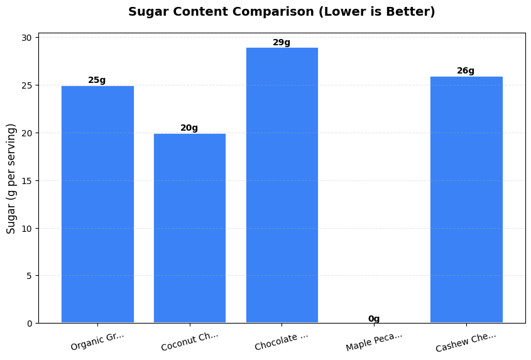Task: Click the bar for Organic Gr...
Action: coord(97,204)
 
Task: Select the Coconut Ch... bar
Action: coord(190,228)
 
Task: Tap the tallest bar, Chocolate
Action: coord(282,185)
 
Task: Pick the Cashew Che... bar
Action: coord(466,200)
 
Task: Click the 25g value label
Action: coord(97,80)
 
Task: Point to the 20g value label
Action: coord(189,128)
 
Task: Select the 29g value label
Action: coord(282,43)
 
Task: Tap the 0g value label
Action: coord(374,319)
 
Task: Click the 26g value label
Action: coord(466,71)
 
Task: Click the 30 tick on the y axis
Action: coord(28,38)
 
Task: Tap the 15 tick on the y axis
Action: coord(28,181)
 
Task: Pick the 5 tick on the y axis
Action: coord(30,276)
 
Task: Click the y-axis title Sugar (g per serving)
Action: coord(11,179)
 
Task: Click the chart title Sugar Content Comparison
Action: coord(282,12)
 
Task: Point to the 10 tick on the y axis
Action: coord(28,228)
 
